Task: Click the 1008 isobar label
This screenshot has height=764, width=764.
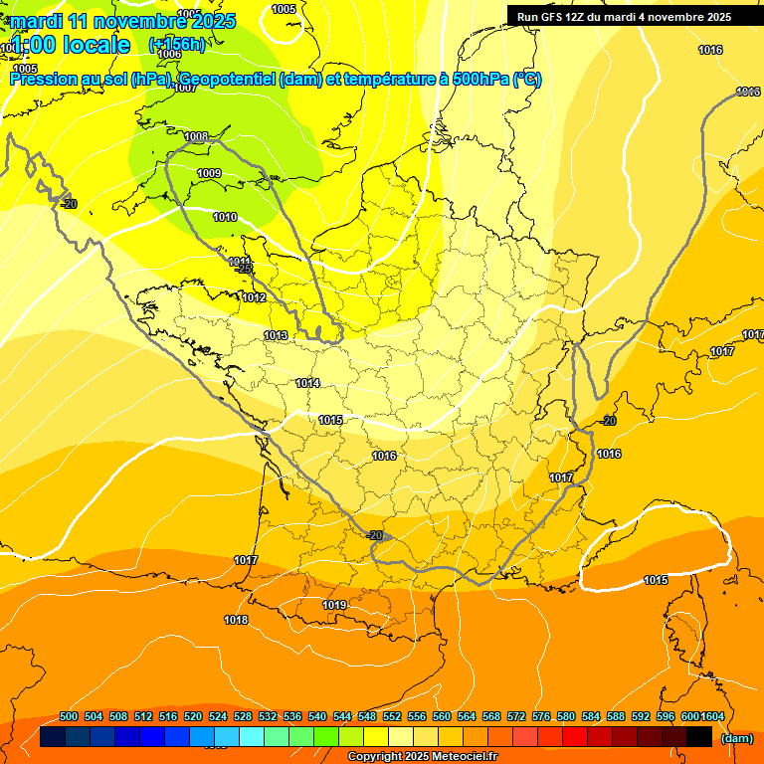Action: point(196,137)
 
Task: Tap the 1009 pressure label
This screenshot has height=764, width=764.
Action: point(209,174)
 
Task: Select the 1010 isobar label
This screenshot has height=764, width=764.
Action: point(225,217)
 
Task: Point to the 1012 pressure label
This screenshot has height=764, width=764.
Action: point(254,297)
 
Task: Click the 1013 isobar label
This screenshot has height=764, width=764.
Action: point(276,335)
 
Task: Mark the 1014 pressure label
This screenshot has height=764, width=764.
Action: point(307,383)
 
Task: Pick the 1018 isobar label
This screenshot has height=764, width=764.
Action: point(236,620)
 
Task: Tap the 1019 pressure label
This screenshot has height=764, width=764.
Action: point(334,605)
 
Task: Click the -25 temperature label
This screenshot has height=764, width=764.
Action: point(244,270)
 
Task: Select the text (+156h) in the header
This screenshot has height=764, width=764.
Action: point(177,44)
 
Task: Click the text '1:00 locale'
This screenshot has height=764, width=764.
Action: point(69,45)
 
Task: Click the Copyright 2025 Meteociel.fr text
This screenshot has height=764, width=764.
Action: point(422,757)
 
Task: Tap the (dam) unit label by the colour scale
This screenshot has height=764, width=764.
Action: point(736,738)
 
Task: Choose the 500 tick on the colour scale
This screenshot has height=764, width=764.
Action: point(69,717)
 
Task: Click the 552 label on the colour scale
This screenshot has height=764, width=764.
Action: point(392,717)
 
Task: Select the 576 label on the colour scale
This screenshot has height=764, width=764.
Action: point(541,717)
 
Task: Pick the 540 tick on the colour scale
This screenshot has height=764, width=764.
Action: point(317,717)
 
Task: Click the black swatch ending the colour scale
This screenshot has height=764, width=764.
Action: point(699,737)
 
